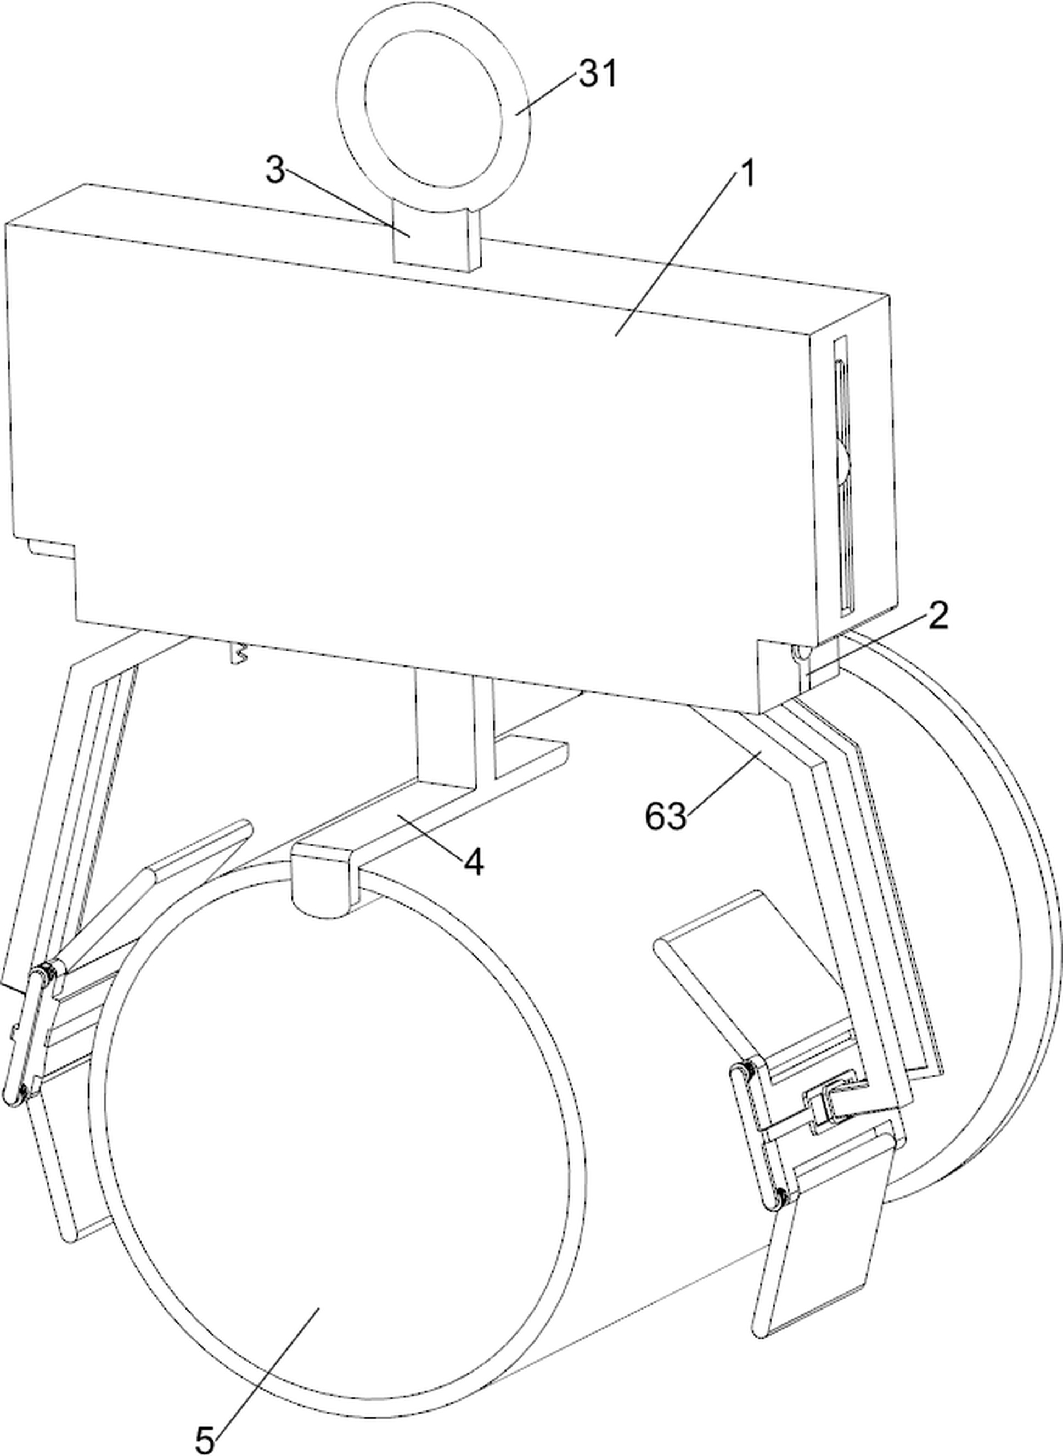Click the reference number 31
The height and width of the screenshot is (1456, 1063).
coord(598,74)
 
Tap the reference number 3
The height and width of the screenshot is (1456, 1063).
coord(275,171)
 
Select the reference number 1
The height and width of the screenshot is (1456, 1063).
coord(746,174)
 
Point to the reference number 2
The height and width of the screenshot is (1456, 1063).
coord(937,616)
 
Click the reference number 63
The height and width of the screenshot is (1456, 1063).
coord(666,817)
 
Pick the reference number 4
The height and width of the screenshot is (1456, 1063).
coord(474,862)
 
